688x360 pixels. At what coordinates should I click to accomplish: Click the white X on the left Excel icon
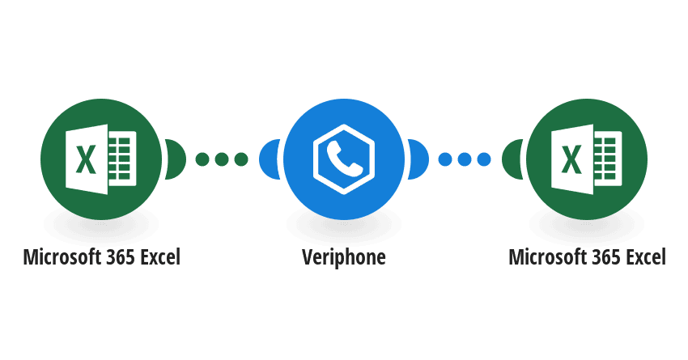(86, 159)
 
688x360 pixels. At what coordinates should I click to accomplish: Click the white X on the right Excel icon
(571, 159)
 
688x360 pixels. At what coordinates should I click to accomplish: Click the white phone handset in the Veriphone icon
(344, 159)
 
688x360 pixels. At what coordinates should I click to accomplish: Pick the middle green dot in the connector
(222, 159)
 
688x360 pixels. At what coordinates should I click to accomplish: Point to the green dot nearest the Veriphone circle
(241, 159)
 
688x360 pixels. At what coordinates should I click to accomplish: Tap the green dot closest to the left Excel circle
(202, 159)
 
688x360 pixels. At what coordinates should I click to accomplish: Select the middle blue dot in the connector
(465, 159)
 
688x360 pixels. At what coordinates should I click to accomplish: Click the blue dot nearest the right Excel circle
(484, 159)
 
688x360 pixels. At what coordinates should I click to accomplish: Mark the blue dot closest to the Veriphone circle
(445, 159)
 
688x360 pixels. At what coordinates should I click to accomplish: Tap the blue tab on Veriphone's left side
(269, 159)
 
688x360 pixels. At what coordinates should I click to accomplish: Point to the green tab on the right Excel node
(512, 159)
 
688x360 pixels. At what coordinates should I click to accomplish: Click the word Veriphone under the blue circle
(344, 257)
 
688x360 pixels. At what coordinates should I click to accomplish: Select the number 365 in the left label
(119, 257)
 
